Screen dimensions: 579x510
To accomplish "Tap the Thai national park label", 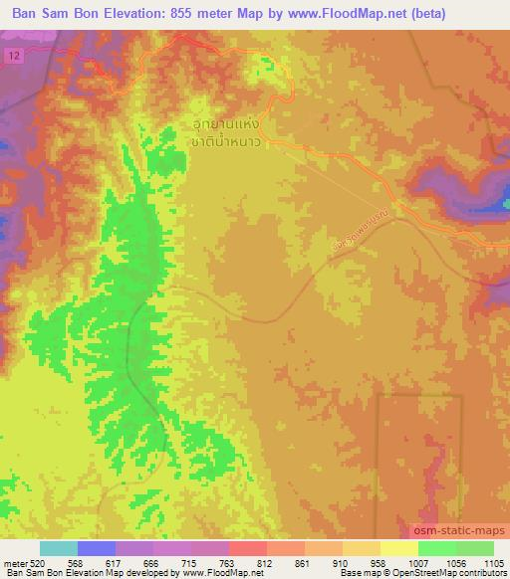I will pyautogui.click(x=228, y=133).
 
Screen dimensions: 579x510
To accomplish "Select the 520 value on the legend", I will pyautogui.click(x=38, y=563).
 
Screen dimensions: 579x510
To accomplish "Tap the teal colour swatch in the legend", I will pyautogui.click(x=58, y=549).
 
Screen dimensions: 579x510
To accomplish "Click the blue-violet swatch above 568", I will pyautogui.click(x=97, y=549).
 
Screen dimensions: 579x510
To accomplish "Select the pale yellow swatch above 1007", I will pyautogui.click(x=398, y=549).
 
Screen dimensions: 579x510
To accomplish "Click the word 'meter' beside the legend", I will pyautogui.click(x=14, y=563).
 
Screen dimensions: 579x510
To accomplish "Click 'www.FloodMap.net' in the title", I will pyautogui.click(x=349, y=14).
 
